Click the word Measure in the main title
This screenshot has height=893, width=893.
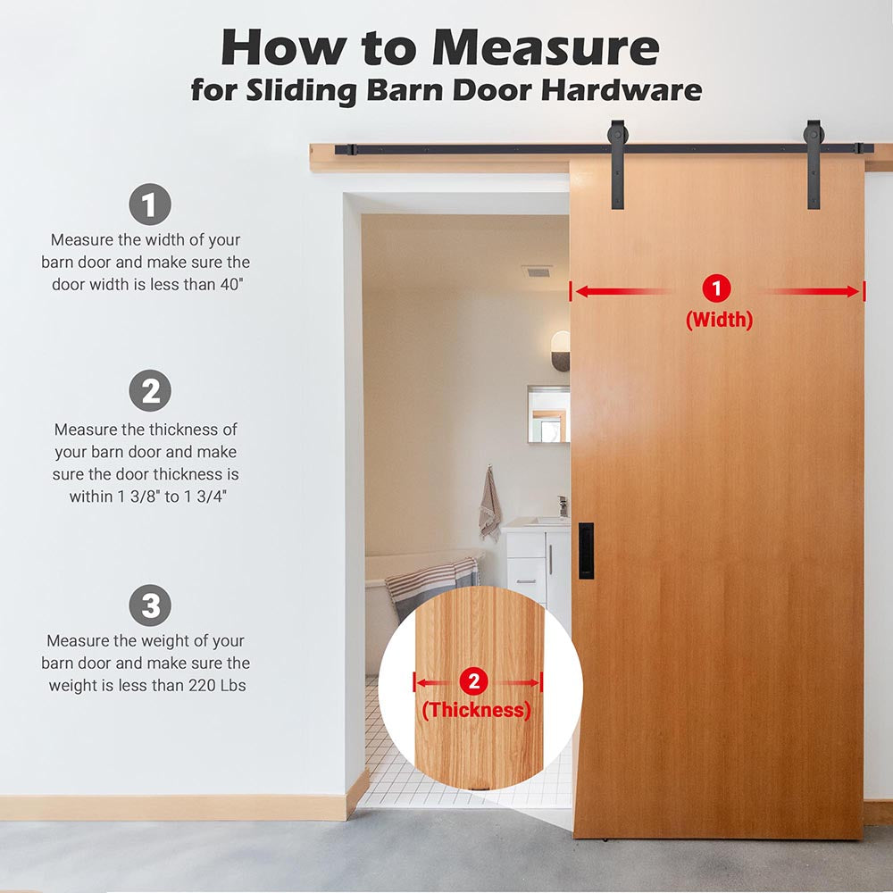[546, 48]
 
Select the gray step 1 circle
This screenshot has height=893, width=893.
[150, 204]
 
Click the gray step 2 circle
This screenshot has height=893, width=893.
[150, 391]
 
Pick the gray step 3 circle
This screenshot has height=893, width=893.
[150, 605]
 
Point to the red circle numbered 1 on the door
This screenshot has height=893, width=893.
[717, 288]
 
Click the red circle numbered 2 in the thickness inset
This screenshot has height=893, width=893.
[474, 681]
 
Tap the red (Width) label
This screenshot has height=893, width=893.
[719, 320]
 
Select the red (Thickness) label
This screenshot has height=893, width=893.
[477, 710]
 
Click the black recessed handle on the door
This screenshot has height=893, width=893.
[586, 551]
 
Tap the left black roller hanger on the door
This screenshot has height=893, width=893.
[617, 164]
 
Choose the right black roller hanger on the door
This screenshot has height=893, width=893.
[814, 164]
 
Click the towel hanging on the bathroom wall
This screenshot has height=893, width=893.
[489, 504]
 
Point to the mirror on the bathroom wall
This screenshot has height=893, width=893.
[548, 414]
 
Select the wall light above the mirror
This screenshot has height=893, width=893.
[561, 351]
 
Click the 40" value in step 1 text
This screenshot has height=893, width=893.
[232, 284]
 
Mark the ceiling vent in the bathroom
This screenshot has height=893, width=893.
[537, 271]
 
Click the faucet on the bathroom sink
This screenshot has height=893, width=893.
[563, 505]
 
